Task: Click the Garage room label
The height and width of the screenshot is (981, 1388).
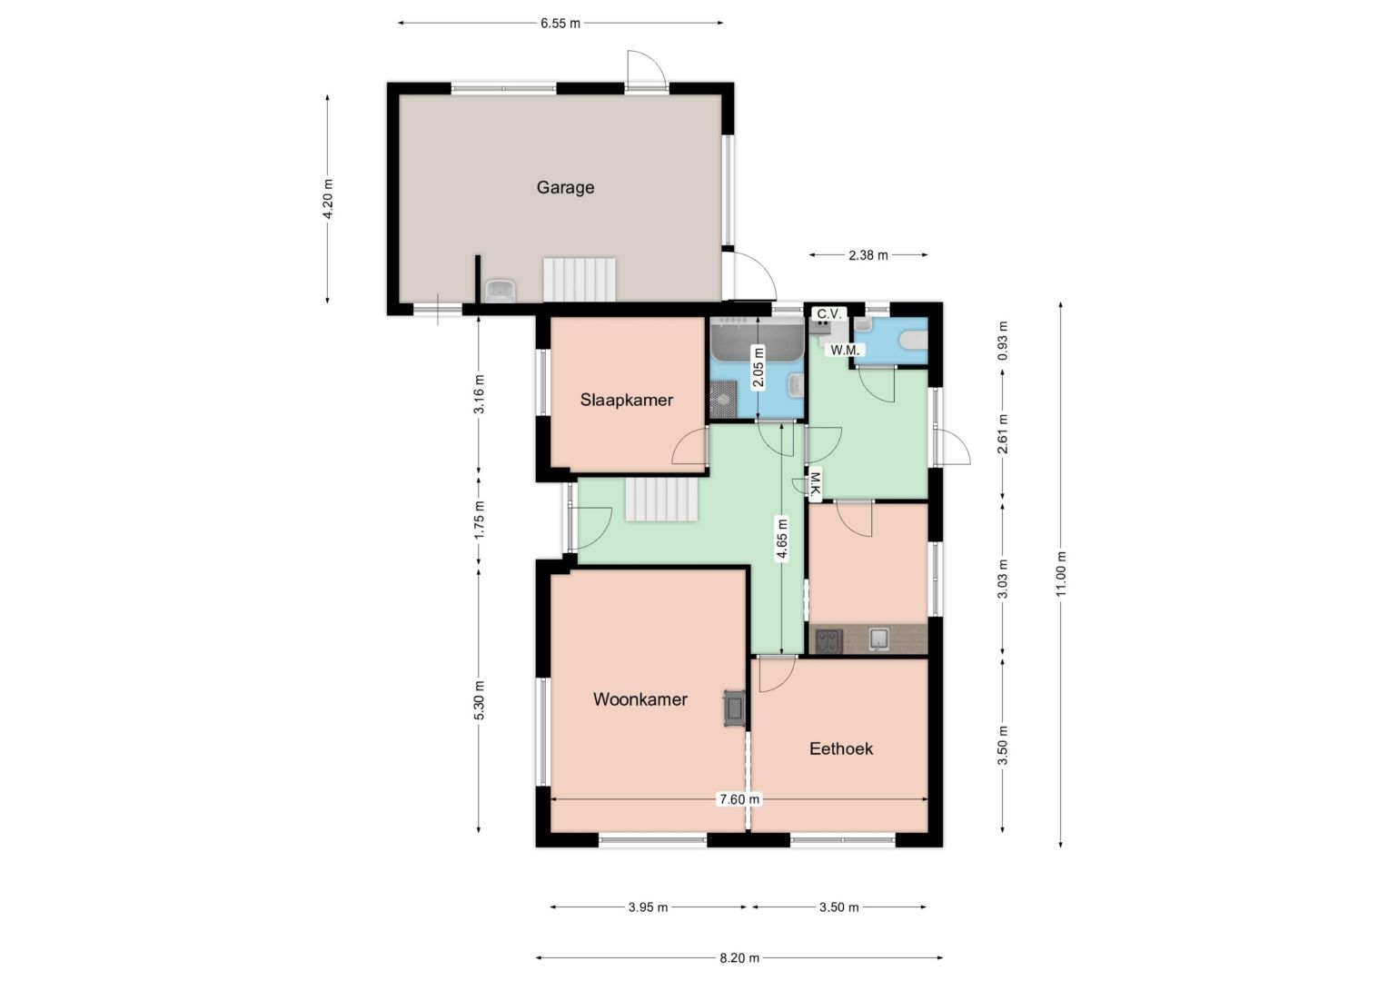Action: coord(565,187)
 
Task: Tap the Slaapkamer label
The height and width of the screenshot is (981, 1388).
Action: coord(627,400)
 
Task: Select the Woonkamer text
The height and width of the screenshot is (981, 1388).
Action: coord(640,699)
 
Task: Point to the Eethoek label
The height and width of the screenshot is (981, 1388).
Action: coord(841,748)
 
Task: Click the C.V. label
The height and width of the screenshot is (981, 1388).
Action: coord(829,313)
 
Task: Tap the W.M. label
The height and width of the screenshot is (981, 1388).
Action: coord(845,350)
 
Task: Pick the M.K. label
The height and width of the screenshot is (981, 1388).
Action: coord(815,485)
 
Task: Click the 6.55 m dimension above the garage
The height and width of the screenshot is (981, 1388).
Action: coord(560,24)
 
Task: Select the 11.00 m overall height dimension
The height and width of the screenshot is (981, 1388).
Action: coord(1061,574)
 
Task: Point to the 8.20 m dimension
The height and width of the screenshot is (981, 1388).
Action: coord(739,957)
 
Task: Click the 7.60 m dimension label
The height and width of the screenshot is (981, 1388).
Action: coord(739,799)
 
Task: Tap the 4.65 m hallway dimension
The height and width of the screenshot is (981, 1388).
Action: coord(783,539)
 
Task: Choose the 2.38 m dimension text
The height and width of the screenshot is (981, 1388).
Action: coord(868,255)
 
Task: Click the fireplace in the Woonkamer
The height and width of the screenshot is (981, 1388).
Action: coord(734,708)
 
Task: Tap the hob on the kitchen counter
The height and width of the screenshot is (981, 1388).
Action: coord(828,640)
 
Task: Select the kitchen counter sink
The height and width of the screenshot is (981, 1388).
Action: coord(878,639)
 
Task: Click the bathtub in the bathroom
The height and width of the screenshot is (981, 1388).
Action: coord(758,340)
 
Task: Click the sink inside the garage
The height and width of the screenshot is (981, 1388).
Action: coord(500,291)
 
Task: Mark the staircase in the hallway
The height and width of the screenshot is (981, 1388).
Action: coord(661,500)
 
